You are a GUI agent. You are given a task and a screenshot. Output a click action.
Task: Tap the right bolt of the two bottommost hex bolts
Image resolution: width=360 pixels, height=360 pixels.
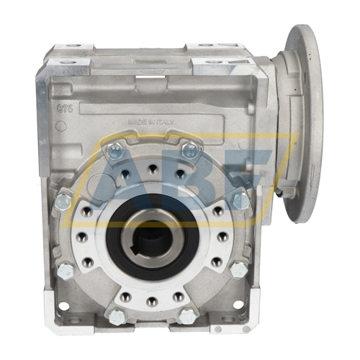(188, 315)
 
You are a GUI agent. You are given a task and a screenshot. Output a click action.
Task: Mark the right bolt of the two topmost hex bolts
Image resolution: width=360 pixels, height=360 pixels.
(190, 150)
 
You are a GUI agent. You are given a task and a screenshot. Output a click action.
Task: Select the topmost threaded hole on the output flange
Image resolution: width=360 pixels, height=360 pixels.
(152, 170)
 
